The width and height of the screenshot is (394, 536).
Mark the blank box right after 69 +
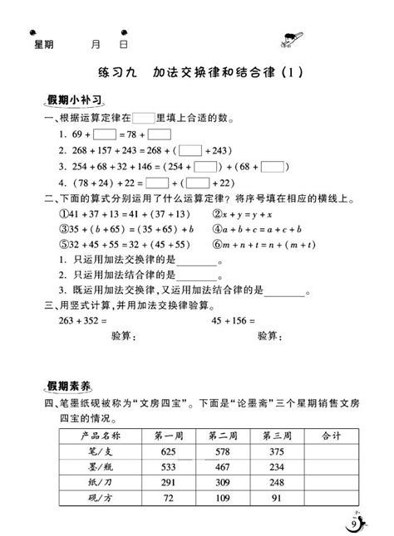coord(104,134)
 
